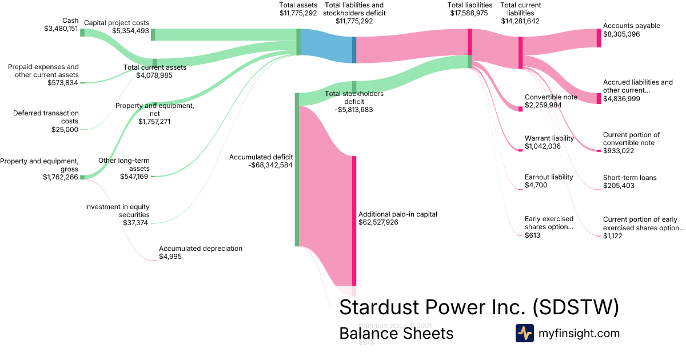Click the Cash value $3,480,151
pyautogui.click(x=61, y=29)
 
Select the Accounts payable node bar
pyautogui.click(x=599, y=38)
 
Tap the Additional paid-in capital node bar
pyautogui.click(x=354, y=221)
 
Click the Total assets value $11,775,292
pyautogui.click(x=298, y=13)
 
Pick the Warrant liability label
pyautogui.click(x=549, y=138)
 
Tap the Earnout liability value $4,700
pyautogui.click(x=537, y=185)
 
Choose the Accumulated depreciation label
pyautogui.click(x=201, y=249)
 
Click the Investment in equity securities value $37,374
pyautogui.click(x=135, y=222)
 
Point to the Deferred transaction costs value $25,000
pyautogui.click(x=65, y=130)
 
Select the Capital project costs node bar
pyautogui.click(x=153, y=34)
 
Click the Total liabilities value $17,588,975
pyautogui.click(x=469, y=13)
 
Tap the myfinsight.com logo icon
pyautogui.click(x=524, y=333)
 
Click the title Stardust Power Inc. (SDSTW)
pyautogui.click(x=479, y=307)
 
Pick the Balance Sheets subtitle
pyautogui.click(x=396, y=333)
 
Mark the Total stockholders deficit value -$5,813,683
pyautogui.click(x=353, y=110)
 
